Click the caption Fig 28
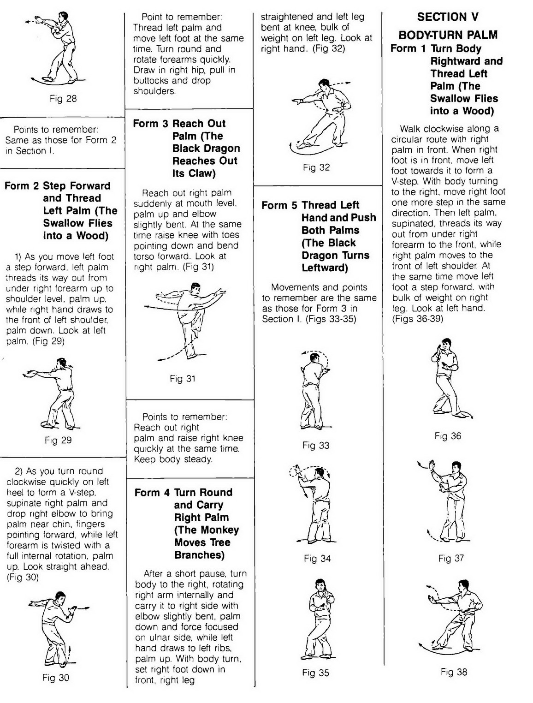(x=63, y=99)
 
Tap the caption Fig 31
(x=183, y=379)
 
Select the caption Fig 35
(x=316, y=673)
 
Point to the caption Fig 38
(x=454, y=672)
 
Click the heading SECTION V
(x=448, y=17)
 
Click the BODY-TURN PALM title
(x=448, y=35)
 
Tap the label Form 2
(x=22, y=186)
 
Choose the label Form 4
(x=152, y=493)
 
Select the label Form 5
(x=279, y=205)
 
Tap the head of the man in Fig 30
(x=59, y=598)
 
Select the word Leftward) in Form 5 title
(x=325, y=268)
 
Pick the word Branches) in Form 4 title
(x=199, y=555)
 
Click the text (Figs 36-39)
(x=417, y=319)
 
